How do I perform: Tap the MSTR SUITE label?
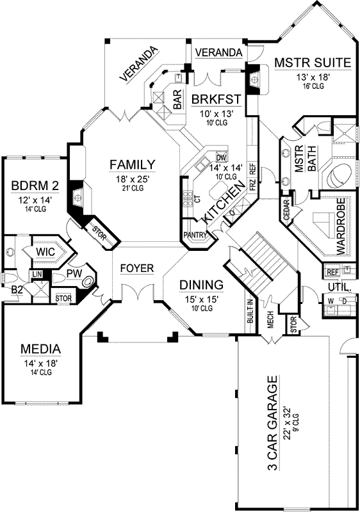[x=312, y=63]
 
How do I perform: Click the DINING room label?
[x=201, y=284]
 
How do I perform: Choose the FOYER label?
[x=137, y=268]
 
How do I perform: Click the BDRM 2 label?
[x=35, y=186]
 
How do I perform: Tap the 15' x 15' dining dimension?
[x=201, y=298]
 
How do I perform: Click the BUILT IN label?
[x=249, y=310]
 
